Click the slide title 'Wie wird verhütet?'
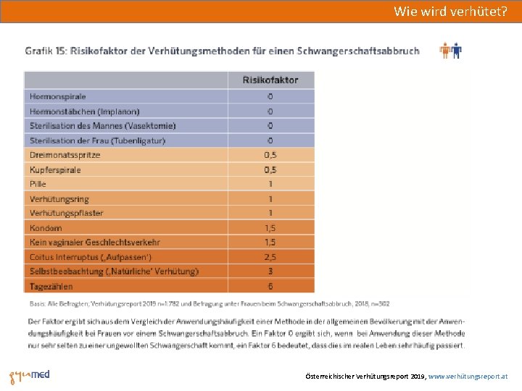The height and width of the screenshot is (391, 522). [x=450, y=11]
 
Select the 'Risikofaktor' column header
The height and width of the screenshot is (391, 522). [x=270, y=80]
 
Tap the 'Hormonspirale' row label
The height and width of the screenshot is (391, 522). [x=58, y=96]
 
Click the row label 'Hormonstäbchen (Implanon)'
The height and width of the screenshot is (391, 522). [x=85, y=112]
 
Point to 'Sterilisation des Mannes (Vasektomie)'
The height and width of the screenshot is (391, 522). [x=102, y=126]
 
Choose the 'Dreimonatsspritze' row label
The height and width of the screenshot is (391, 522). [x=65, y=155]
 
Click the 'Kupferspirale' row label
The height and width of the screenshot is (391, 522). [x=56, y=169]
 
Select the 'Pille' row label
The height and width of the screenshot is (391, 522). [x=38, y=184]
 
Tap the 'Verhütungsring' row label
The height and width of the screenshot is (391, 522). [x=59, y=198]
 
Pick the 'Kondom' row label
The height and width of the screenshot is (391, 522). [x=46, y=228]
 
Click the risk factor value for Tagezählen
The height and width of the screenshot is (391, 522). [x=270, y=286]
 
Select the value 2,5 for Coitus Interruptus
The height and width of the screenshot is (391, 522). [x=270, y=257]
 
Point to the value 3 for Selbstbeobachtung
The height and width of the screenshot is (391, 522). [x=270, y=272]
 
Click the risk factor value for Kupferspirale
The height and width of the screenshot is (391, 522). [x=270, y=169]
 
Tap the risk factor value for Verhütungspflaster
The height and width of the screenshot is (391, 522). [x=270, y=213]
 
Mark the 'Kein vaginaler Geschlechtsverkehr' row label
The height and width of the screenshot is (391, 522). [x=95, y=243]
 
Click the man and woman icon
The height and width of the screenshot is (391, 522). [x=450, y=51]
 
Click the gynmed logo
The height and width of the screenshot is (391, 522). [x=30, y=377]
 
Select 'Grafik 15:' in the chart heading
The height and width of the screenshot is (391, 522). [x=46, y=51]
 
